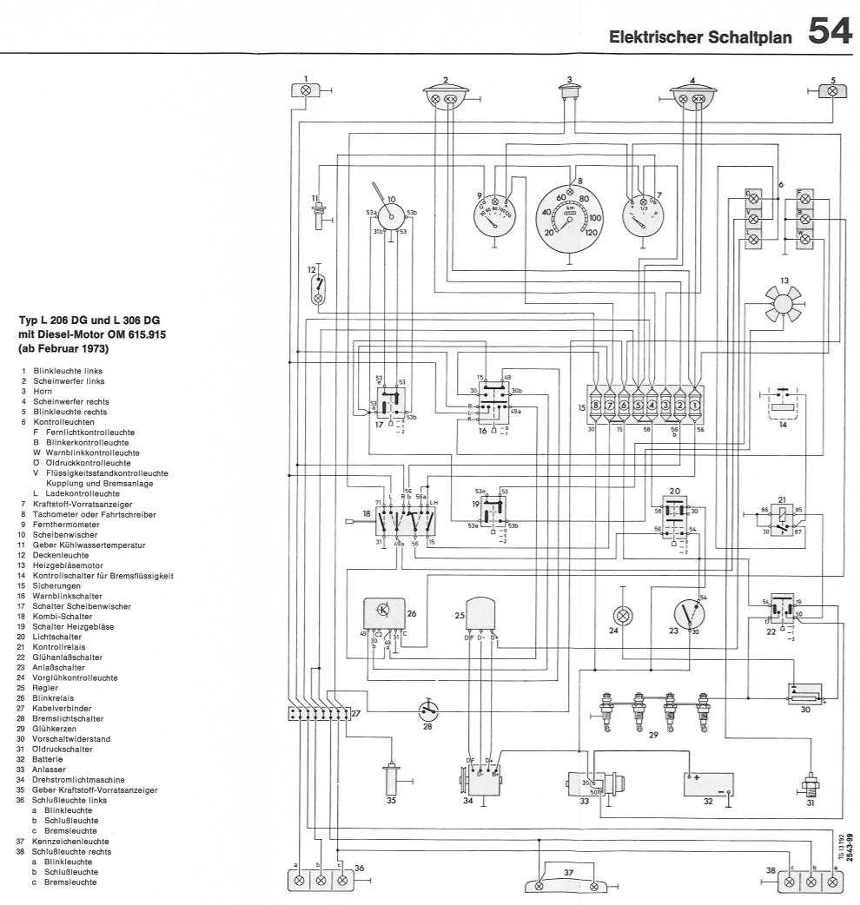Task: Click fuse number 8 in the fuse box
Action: (596, 404)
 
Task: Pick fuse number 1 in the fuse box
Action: (695, 404)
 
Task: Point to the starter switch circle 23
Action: (688, 613)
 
